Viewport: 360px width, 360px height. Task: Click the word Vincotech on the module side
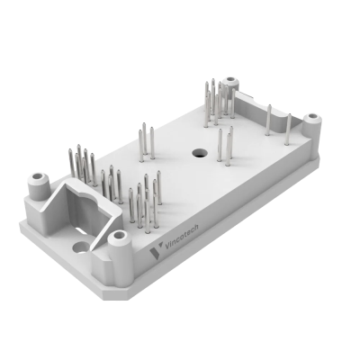[182, 237]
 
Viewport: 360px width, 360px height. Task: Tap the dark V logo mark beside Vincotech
[156, 251]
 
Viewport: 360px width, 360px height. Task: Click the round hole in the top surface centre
[200, 153]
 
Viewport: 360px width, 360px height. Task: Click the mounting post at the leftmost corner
[38, 186]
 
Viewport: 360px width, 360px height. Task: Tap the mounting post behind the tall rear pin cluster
[231, 84]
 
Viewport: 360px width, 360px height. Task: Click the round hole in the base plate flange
[80, 247]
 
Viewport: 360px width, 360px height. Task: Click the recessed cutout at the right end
[264, 110]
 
